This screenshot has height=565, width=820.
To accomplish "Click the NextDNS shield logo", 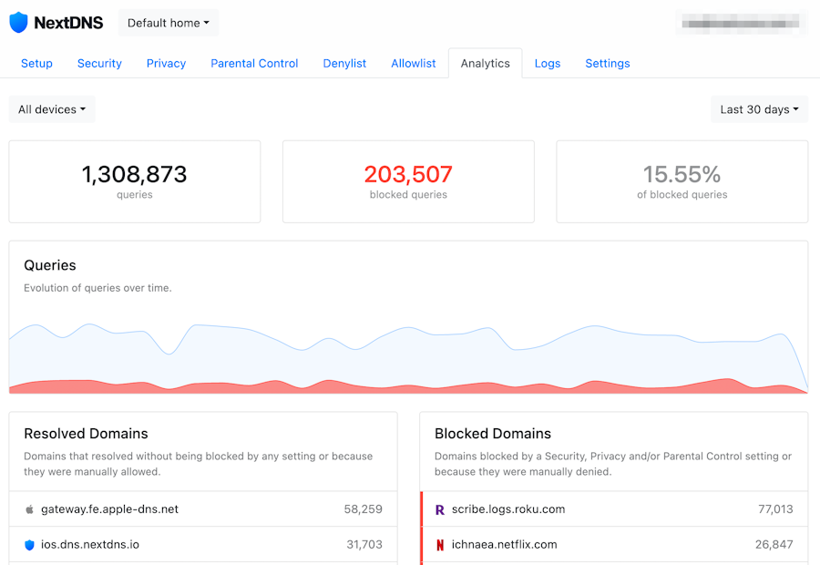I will (19, 23).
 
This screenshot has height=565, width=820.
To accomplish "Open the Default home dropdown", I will (169, 23).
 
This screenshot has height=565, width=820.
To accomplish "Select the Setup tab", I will (36, 63).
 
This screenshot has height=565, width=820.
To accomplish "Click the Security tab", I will (99, 63).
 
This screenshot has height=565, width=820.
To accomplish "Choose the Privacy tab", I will (166, 63).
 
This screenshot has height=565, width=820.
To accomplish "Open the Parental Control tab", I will (254, 63).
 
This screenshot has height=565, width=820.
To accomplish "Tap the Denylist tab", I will (344, 63).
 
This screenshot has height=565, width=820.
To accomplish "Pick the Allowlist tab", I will (414, 63).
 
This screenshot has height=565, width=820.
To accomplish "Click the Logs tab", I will (548, 63).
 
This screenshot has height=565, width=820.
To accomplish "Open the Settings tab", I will (608, 63).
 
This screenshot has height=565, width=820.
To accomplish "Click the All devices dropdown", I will (52, 109).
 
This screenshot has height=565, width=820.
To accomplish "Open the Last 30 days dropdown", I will (759, 109).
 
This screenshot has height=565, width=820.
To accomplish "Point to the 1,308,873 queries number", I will (134, 174).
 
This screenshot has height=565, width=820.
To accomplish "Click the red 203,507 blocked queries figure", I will (408, 174).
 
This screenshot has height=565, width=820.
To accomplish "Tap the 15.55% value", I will (682, 174).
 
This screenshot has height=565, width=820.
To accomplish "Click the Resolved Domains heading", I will (86, 434).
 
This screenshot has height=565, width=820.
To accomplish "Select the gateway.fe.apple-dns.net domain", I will (109, 509).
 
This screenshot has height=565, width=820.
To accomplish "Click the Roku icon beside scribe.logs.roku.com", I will (439, 509).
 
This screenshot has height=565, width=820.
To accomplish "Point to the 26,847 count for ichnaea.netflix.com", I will (774, 545).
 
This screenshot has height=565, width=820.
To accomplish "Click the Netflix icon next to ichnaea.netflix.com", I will (439, 545).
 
